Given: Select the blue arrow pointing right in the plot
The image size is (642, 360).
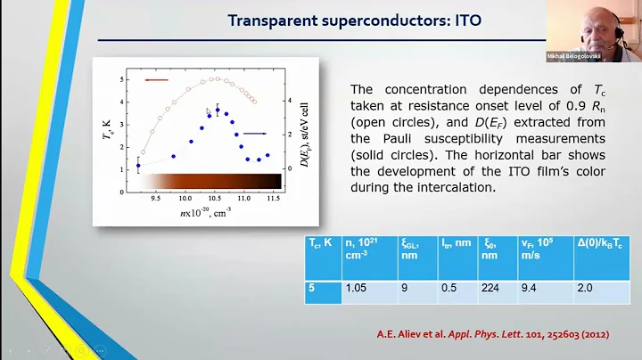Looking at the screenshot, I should pos(256,134).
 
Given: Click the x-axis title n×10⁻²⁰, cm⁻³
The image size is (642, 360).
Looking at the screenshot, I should pos(199,212).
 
